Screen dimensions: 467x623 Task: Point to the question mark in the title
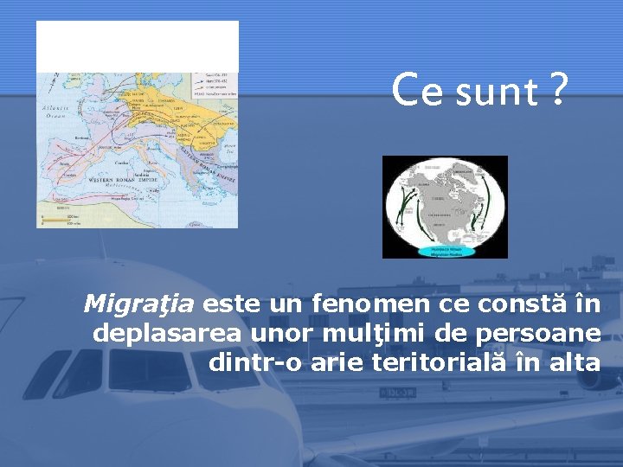pyautogui.click(x=558, y=89)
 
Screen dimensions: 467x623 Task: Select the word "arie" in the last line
pyautogui.click(x=336, y=362)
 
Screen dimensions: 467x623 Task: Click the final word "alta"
pyautogui.click(x=574, y=362)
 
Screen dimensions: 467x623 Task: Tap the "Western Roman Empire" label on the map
pyautogui.click(x=121, y=179)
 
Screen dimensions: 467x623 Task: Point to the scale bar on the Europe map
pyautogui.click(x=62, y=220)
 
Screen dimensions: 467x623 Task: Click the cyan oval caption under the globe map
pyautogui.click(x=446, y=251)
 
